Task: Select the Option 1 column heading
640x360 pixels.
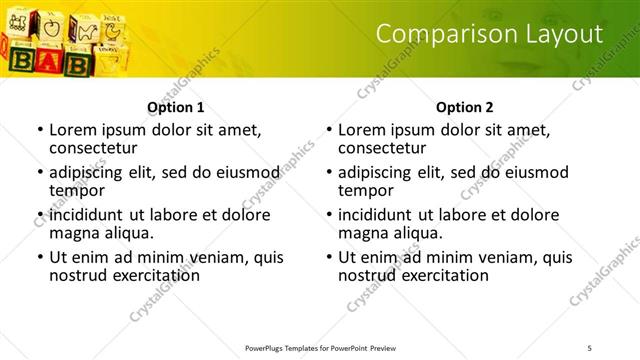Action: pyautogui.click(x=176, y=106)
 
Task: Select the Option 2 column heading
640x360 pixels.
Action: pyautogui.click(x=465, y=106)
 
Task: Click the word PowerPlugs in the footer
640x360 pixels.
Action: pyautogui.click(x=268, y=348)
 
